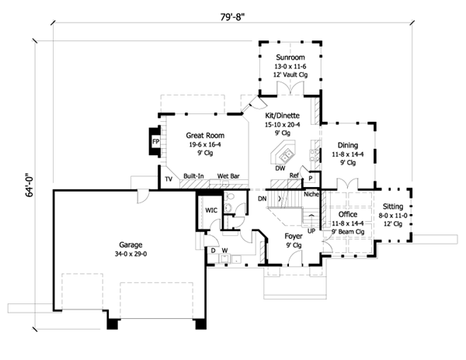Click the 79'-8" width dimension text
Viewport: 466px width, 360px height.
click(232, 17)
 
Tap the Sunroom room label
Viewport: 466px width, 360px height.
click(290, 57)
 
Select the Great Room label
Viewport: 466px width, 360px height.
click(205, 135)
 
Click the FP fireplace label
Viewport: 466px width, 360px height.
click(156, 141)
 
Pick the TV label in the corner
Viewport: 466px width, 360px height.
click(169, 179)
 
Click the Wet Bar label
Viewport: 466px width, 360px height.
click(228, 176)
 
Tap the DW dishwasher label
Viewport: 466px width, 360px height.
click(280, 168)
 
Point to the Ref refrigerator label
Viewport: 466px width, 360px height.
click(294, 175)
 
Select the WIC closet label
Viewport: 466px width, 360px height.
click(211, 210)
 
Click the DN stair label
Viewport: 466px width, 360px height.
click(263, 199)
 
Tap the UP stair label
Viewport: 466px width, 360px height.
click(311, 230)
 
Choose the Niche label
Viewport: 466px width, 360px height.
click(311, 194)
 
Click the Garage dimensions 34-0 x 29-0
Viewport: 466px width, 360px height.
click(130, 254)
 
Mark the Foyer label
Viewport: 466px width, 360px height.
click(294, 236)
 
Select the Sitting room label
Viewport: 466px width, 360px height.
click(393, 206)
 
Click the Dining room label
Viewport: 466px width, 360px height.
click(348, 145)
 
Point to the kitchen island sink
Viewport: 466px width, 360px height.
click(287, 155)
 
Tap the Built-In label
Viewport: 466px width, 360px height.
click(193, 176)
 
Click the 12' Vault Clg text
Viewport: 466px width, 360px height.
click(290, 74)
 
